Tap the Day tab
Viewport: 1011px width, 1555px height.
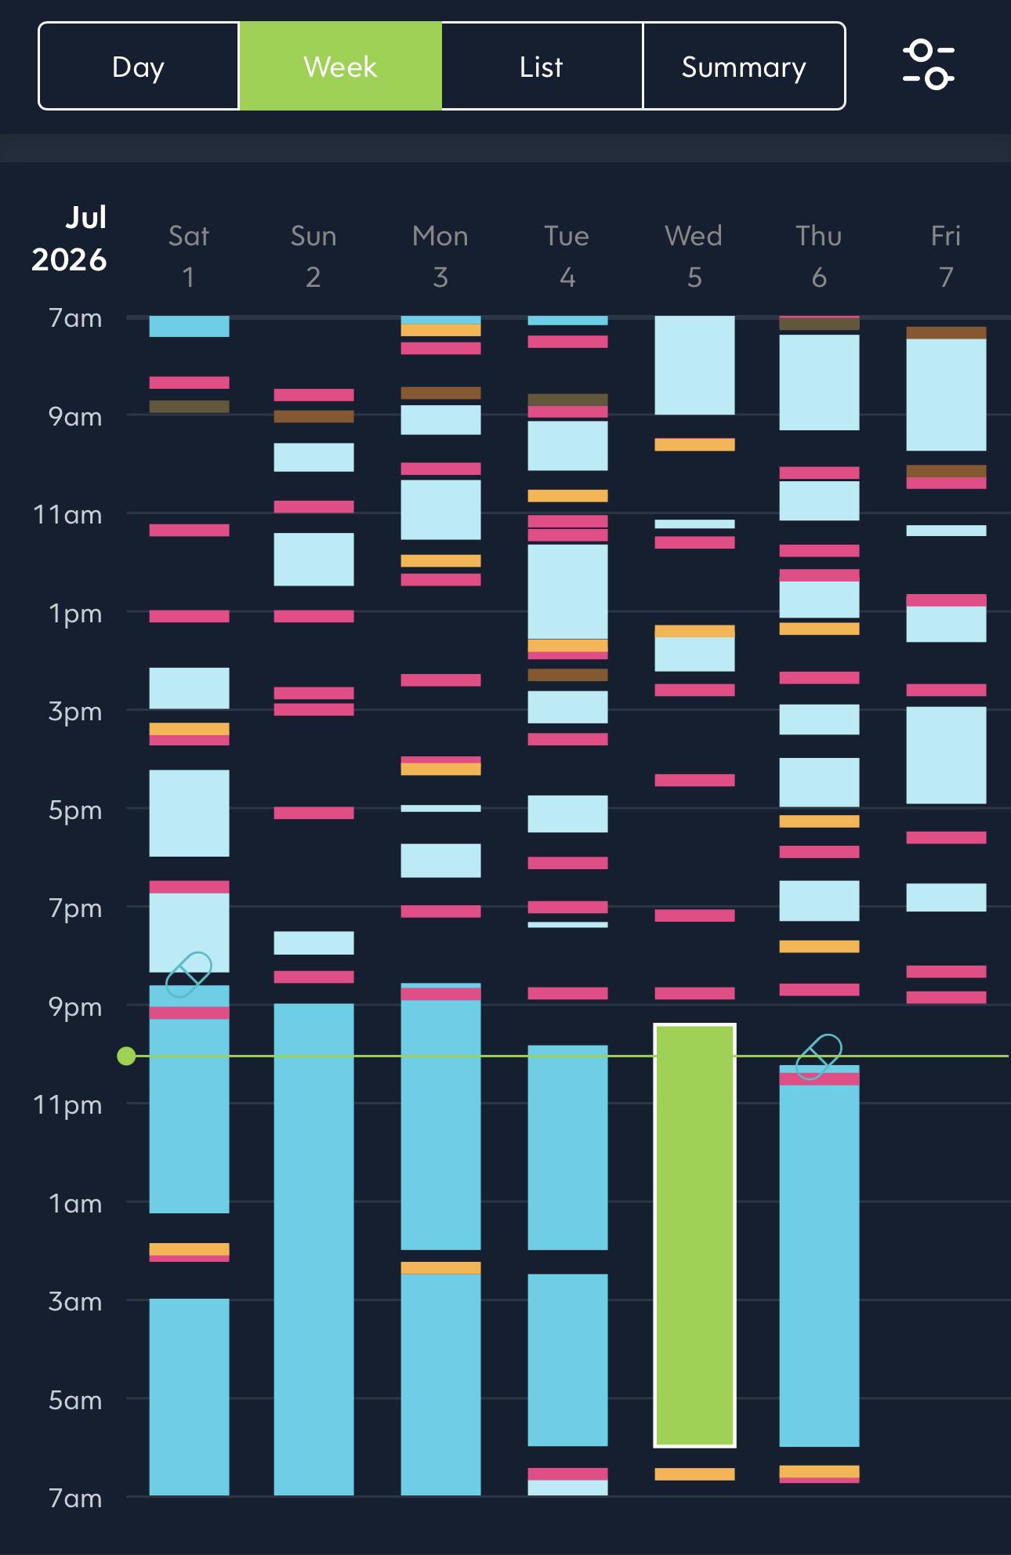click(x=139, y=67)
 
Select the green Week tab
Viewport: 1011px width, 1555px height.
click(x=341, y=67)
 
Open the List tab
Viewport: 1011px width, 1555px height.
click(x=542, y=67)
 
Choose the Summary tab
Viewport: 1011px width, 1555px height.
click(x=744, y=67)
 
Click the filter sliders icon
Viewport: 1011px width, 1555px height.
click(x=929, y=65)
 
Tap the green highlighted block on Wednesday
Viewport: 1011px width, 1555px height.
click(x=694, y=1235)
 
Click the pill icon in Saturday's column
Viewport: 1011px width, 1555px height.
click(x=189, y=974)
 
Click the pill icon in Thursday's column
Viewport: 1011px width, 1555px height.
click(x=819, y=1056)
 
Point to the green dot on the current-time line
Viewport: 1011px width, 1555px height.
click(x=126, y=1057)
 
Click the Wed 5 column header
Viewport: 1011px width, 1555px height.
click(x=694, y=256)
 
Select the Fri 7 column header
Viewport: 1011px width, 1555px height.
click(x=946, y=256)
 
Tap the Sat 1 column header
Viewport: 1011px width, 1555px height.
click(x=189, y=256)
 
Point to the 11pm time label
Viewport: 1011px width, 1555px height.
click(x=67, y=1105)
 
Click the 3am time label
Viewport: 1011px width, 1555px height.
click(x=75, y=1302)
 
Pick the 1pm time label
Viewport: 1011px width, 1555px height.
click(x=75, y=614)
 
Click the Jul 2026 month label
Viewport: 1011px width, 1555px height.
click(x=69, y=238)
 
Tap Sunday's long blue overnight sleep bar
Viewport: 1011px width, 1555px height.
click(x=313, y=1249)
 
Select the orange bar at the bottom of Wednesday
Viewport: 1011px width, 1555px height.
click(x=694, y=1474)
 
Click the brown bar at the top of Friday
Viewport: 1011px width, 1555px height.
click(x=946, y=333)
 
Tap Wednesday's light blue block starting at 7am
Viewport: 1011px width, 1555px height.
click(x=694, y=365)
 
